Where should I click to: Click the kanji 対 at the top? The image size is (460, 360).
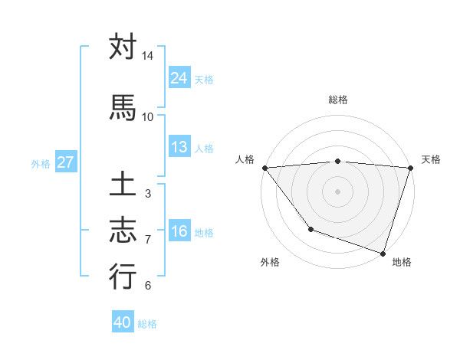point(123,47)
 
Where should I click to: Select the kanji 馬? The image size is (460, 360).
point(123,107)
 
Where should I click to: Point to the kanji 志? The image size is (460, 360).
point(123,231)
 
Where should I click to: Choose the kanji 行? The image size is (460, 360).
point(123,277)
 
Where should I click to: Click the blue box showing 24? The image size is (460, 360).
point(179,78)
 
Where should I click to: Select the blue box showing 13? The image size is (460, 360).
point(179,147)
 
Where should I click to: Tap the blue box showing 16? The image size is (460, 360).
point(179,231)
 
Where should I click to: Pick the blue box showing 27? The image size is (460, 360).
point(65,162)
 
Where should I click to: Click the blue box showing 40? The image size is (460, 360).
point(123,322)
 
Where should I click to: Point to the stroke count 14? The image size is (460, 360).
point(147,56)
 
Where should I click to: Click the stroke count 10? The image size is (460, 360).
point(147,116)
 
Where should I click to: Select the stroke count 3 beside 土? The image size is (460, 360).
point(147,194)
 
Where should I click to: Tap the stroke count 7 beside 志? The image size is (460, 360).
point(147,240)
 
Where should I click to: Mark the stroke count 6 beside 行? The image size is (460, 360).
point(147,286)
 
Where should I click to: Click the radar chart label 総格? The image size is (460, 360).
point(338,100)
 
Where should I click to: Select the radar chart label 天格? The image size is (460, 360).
point(431,159)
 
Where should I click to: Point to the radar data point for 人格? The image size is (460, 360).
point(264,168)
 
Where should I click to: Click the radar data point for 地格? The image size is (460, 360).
point(383,253)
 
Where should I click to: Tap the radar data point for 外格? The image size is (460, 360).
point(310,229)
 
